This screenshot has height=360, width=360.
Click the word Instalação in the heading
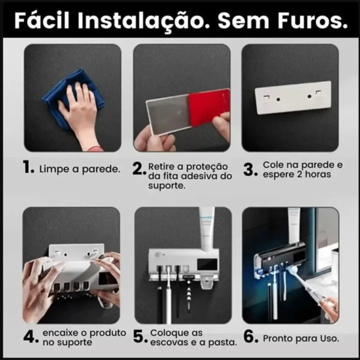144,21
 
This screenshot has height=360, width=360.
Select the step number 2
139,169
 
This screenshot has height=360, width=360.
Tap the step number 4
31,336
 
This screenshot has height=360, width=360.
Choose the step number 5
140,336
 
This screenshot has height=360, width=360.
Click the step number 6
251,336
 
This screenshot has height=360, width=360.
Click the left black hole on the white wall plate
278,99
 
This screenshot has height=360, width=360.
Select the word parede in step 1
101,169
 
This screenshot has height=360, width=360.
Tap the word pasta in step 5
222,343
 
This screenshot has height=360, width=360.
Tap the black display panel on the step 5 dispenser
207,264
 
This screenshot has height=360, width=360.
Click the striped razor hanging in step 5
188,295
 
